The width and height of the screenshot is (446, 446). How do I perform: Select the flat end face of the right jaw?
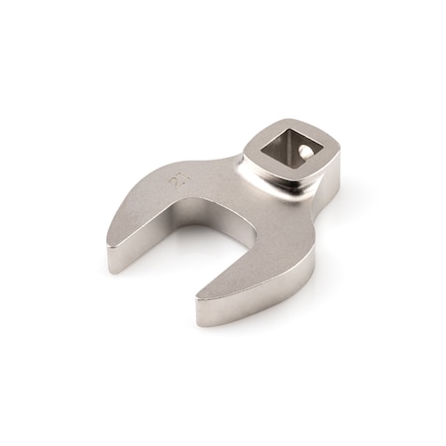pyautogui.click(x=212, y=310)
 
